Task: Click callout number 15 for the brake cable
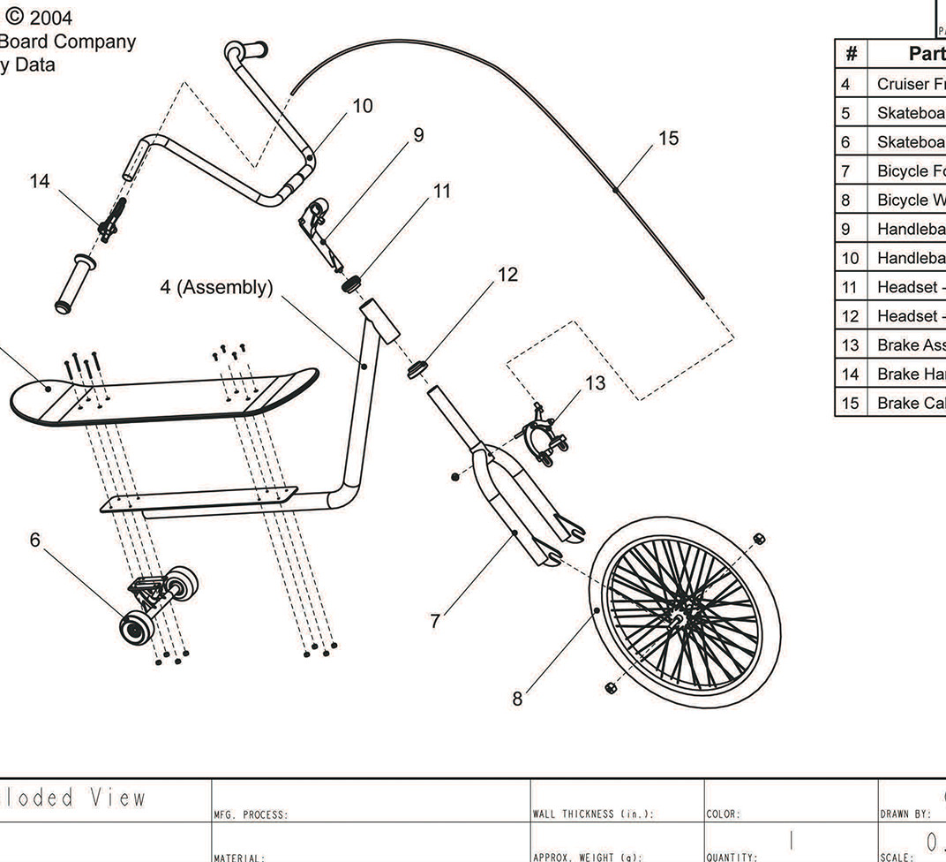668,139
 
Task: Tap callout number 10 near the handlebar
362,106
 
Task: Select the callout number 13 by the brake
596,382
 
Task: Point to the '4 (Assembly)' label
216,287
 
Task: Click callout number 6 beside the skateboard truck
34,540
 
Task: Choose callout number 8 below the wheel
517,699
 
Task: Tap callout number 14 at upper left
40,181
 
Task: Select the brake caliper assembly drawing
538,435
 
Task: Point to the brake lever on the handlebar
113,219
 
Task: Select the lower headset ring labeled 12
417,367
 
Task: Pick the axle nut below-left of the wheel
611,687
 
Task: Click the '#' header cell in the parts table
851,54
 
